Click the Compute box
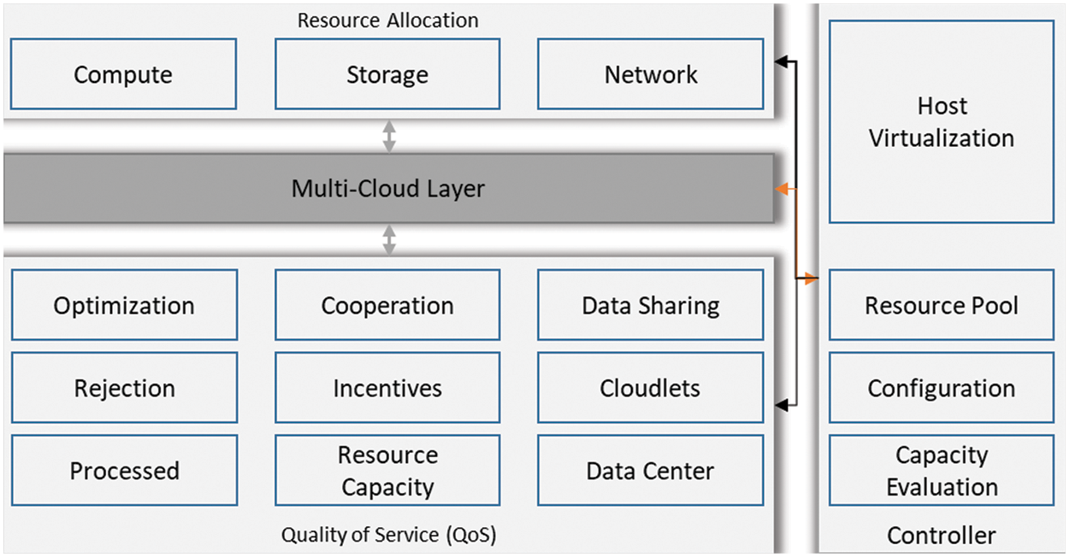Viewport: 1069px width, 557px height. pos(123,74)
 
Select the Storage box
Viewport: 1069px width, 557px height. pos(387,74)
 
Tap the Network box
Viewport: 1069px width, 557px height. pos(650,74)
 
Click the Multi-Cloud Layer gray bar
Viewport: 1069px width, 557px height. pos(388,189)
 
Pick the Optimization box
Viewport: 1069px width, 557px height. pos(124,306)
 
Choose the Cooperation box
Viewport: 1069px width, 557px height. pos(387,306)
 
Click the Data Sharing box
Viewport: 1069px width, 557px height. pos(650,306)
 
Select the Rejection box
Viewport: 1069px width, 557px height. pos(124,388)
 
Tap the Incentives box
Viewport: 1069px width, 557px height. pos(387,388)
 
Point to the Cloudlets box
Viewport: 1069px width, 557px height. pos(650,388)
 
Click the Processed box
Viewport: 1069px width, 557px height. pos(124,471)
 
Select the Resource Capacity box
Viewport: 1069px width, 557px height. pos(387,471)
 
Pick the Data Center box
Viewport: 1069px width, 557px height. pos(650,471)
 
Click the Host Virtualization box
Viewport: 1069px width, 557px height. pos(941,122)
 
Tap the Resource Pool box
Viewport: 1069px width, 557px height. pos(941,306)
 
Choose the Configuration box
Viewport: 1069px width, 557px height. pos(941,388)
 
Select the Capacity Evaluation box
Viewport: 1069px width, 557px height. pos(941,471)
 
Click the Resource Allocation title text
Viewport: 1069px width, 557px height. pos(387,20)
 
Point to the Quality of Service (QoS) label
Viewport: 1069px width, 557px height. pos(388,536)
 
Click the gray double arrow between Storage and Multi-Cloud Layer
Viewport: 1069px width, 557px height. pos(389,137)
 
